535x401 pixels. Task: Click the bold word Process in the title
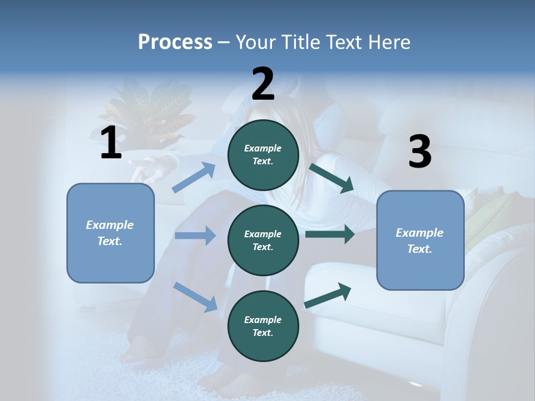click(x=175, y=42)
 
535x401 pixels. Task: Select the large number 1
click(x=111, y=143)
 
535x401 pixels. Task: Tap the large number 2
click(x=263, y=84)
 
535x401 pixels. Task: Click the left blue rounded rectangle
click(x=110, y=233)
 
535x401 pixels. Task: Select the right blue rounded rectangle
click(x=420, y=241)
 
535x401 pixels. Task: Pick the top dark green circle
click(x=263, y=155)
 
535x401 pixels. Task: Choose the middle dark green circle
click(x=263, y=241)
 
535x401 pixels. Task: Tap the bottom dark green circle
click(x=263, y=326)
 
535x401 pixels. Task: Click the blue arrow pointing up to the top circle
click(x=194, y=178)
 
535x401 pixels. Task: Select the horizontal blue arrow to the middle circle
click(x=195, y=236)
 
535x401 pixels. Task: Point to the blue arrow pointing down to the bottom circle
click(x=195, y=296)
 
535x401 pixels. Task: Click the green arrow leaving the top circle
click(x=331, y=178)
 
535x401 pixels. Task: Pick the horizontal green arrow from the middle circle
click(x=329, y=234)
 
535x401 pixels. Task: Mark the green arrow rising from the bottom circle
click(x=328, y=295)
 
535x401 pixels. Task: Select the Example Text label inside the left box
click(x=110, y=233)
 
